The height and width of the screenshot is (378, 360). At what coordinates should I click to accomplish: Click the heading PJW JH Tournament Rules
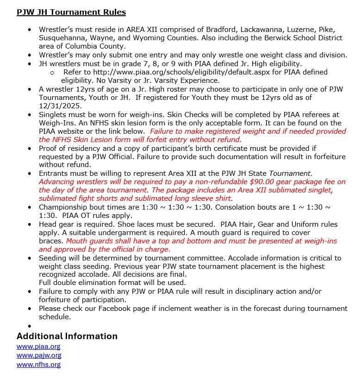coord(71,12)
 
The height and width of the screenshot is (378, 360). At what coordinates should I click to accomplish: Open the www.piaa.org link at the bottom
coord(38,346)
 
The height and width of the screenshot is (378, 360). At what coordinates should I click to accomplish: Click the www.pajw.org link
coord(39,355)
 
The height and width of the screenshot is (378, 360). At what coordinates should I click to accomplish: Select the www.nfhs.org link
coord(38,365)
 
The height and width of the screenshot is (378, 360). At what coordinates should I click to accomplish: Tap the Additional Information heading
coord(67,336)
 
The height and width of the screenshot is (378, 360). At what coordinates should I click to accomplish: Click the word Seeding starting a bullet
coord(54,258)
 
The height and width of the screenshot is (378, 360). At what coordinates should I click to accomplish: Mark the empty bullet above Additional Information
coord(30,326)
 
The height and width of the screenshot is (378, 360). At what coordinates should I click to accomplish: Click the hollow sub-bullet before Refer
coord(52,73)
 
